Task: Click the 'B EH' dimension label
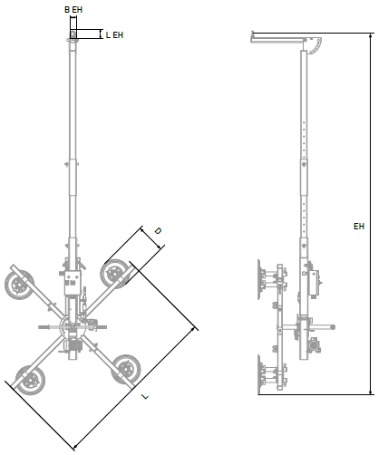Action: (73, 10)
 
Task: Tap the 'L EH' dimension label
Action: (114, 35)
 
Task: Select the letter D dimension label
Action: (158, 231)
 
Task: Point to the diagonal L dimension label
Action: (145, 396)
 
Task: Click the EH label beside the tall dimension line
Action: (359, 227)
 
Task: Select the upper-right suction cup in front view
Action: (115, 274)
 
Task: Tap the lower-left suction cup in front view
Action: (31, 381)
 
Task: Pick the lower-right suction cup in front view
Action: (126, 370)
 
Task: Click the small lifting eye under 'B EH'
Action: (73, 34)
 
